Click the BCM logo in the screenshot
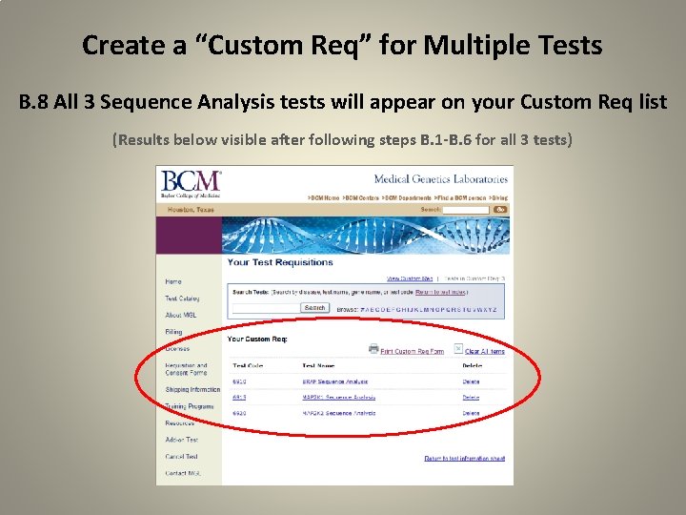tap(191, 182)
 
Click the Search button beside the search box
tap(314, 308)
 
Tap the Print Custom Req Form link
tap(412, 351)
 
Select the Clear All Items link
tap(485, 351)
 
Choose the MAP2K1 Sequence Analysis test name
tap(338, 397)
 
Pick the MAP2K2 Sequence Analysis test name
tap(338, 413)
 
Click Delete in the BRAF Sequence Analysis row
tap(471, 381)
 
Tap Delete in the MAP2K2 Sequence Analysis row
tap(471, 413)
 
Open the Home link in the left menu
tap(172, 281)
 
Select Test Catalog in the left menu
tap(182, 299)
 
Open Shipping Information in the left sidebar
tap(192, 389)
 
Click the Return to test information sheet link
tap(464, 459)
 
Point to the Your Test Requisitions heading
tap(280, 262)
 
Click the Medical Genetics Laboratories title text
tap(440, 178)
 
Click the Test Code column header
tap(248, 365)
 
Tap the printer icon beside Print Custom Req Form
tap(373, 349)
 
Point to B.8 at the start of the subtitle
tap(35, 102)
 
